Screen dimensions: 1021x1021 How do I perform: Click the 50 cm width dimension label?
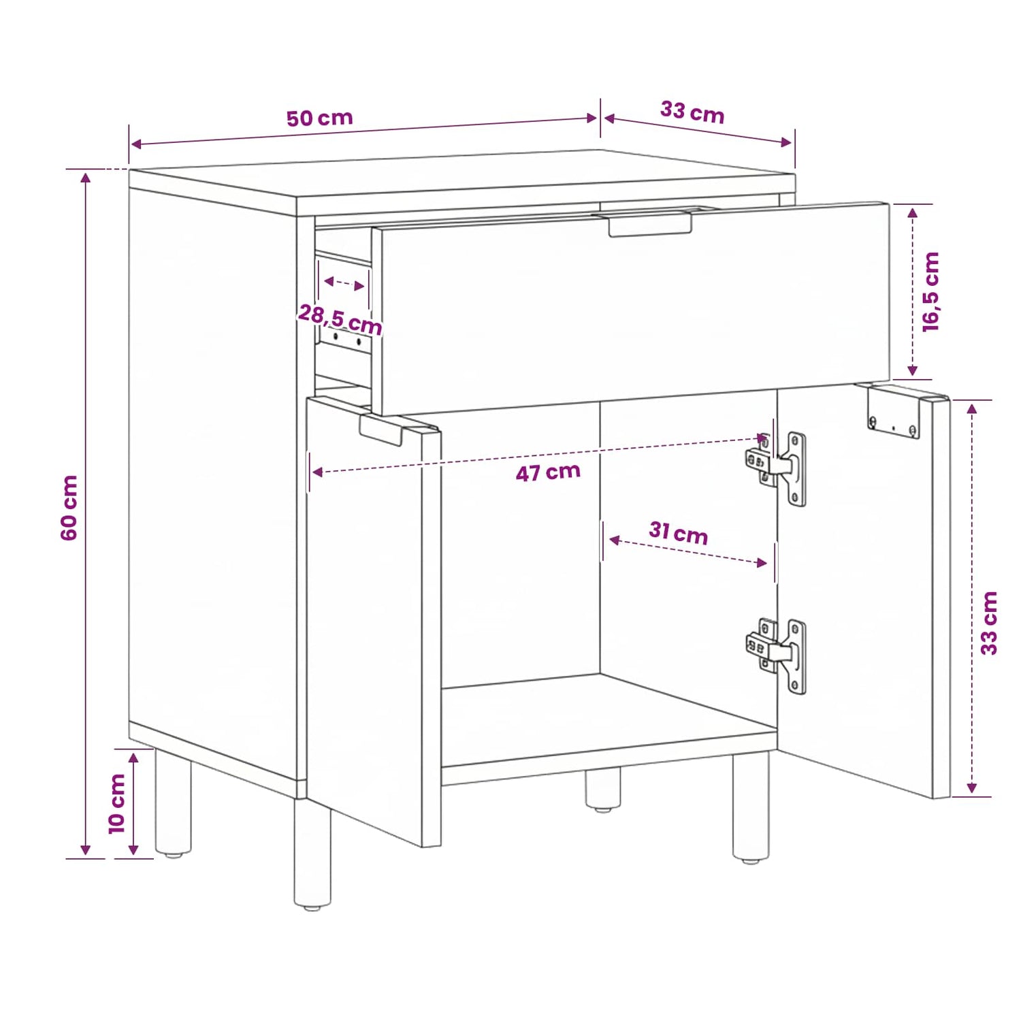[x=319, y=118]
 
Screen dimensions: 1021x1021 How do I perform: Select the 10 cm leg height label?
[x=117, y=803]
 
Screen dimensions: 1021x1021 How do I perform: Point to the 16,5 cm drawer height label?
[x=931, y=292]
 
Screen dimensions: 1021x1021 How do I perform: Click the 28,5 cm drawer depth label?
[x=340, y=319]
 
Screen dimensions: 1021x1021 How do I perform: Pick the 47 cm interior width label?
[x=548, y=472]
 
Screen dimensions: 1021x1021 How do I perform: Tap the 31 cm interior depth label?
[x=678, y=532]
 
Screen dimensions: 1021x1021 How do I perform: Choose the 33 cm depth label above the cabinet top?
[x=692, y=112]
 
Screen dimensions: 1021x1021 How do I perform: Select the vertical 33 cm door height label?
[x=989, y=623]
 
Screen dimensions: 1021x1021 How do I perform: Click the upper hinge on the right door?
[x=777, y=468]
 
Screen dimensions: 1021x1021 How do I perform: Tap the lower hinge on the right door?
[x=777, y=656]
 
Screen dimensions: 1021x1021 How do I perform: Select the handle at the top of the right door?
[x=894, y=412]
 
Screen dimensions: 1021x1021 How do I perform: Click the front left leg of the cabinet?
[x=312, y=855]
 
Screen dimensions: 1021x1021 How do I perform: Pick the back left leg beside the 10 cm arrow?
[x=173, y=803]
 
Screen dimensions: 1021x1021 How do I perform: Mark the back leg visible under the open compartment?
[x=604, y=790]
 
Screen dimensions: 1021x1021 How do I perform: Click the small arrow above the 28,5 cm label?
[x=344, y=284]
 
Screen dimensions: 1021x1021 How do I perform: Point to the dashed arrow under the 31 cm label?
[x=688, y=551]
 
